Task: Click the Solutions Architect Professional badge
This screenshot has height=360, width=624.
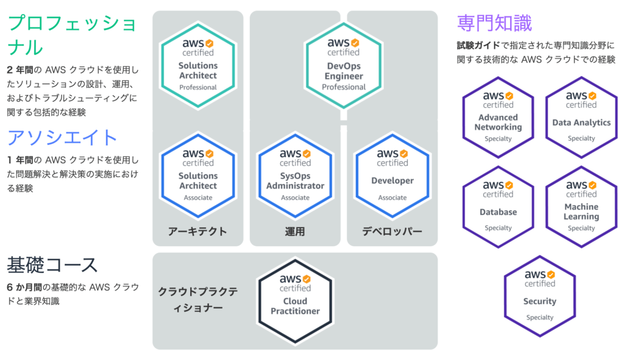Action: (198, 66)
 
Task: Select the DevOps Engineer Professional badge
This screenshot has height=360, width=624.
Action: (344, 66)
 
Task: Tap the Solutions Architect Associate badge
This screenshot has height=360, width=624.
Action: (198, 176)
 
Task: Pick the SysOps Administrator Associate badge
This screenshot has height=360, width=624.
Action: (295, 176)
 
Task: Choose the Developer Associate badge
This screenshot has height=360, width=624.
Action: (392, 176)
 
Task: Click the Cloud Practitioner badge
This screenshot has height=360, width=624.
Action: (295, 301)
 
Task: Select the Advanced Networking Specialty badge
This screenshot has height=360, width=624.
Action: (498, 118)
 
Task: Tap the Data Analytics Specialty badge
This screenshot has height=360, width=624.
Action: (581, 118)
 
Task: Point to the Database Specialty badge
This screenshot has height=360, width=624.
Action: (498, 207)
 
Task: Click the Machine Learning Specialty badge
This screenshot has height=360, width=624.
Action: (581, 207)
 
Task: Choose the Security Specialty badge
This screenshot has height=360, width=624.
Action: (540, 297)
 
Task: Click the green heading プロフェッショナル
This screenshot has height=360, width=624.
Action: (72, 35)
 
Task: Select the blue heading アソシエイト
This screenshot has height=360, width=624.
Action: (62, 138)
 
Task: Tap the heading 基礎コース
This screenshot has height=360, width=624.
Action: (52, 265)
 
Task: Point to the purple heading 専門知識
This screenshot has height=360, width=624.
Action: (494, 23)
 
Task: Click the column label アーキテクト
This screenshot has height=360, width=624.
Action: (197, 231)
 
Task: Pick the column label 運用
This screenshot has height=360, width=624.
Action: (295, 231)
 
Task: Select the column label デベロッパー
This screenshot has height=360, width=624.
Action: (392, 231)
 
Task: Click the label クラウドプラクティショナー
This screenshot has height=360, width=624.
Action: (198, 300)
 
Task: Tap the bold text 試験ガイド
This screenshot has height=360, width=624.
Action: (478, 46)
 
